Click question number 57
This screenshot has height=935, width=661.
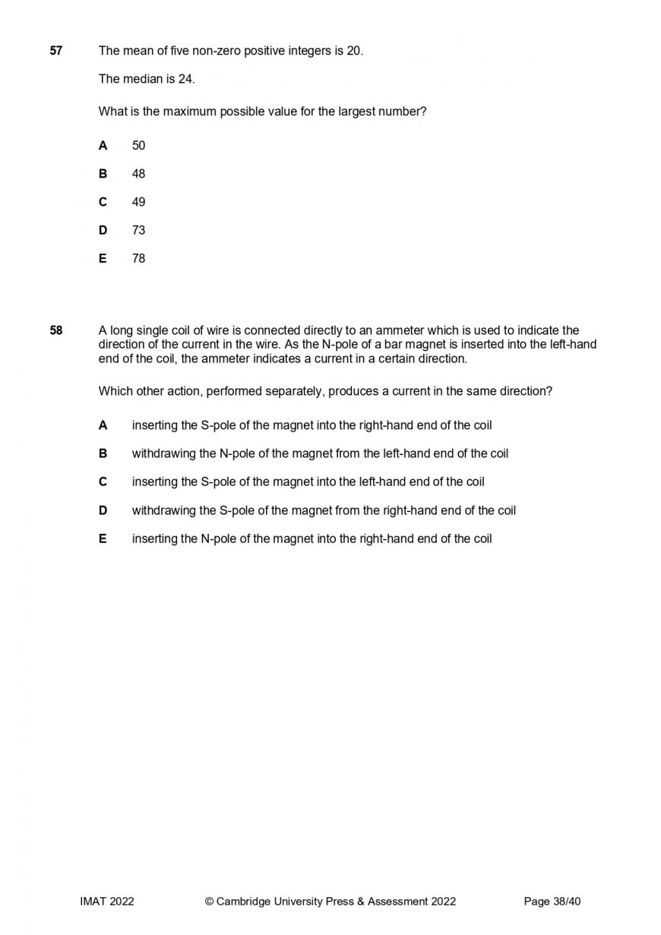pos(56,51)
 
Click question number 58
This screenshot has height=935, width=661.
pos(56,330)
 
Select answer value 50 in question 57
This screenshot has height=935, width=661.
pos(138,145)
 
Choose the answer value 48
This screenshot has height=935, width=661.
pos(138,173)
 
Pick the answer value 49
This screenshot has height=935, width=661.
pos(138,202)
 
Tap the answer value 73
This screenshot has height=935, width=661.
pos(138,230)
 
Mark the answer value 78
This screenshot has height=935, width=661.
pos(138,258)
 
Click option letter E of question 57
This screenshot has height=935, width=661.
pos(103,258)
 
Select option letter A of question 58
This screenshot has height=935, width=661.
pos(103,425)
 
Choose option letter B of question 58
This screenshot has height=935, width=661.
pos(103,453)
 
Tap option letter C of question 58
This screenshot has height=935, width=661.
pos(103,482)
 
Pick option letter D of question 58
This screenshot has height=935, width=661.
pos(103,510)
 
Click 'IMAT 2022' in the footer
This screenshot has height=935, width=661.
pos(107,902)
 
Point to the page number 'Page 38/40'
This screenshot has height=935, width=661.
pos(552,902)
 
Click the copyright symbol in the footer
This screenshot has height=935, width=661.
pos(209,902)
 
